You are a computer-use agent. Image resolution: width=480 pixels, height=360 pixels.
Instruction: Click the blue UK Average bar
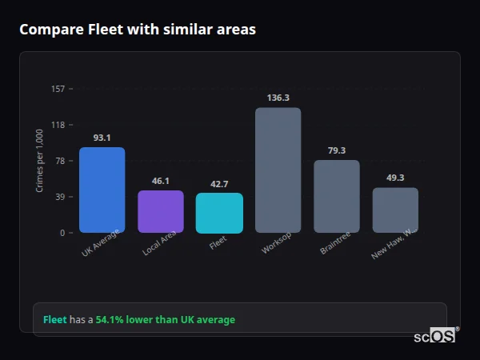(102, 190)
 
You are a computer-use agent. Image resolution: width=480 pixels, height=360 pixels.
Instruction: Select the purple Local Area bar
(160, 211)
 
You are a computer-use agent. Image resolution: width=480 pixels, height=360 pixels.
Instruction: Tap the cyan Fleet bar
(219, 213)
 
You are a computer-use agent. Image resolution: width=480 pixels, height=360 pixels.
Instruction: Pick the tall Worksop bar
(278, 170)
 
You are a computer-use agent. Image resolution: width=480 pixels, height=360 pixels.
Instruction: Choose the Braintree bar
(336, 196)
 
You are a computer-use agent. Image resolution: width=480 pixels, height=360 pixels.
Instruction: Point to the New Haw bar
(395, 210)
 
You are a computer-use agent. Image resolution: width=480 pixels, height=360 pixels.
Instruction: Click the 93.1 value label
(102, 138)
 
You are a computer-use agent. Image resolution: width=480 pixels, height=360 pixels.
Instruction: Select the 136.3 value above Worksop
(278, 98)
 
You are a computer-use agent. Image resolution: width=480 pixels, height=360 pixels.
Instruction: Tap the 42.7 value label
(219, 184)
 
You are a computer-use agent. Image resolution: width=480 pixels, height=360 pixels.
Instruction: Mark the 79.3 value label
(336, 150)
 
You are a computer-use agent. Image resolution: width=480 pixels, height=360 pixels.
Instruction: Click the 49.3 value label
(395, 178)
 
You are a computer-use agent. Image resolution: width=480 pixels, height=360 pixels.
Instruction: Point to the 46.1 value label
(160, 181)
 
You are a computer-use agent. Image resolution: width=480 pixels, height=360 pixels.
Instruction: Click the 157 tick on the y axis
(58, 89)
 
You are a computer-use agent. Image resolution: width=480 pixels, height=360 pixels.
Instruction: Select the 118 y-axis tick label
(58, 125)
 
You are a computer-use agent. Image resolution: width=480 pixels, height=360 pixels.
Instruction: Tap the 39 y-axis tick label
(60, 197)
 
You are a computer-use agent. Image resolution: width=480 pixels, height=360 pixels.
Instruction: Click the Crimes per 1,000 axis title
(39, 161)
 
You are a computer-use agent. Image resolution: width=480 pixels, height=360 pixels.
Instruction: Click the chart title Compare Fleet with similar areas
(138, 30)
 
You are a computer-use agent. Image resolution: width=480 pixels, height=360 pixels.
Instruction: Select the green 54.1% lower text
(165, 320)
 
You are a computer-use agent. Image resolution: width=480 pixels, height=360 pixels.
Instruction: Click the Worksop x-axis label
(277, 243)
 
